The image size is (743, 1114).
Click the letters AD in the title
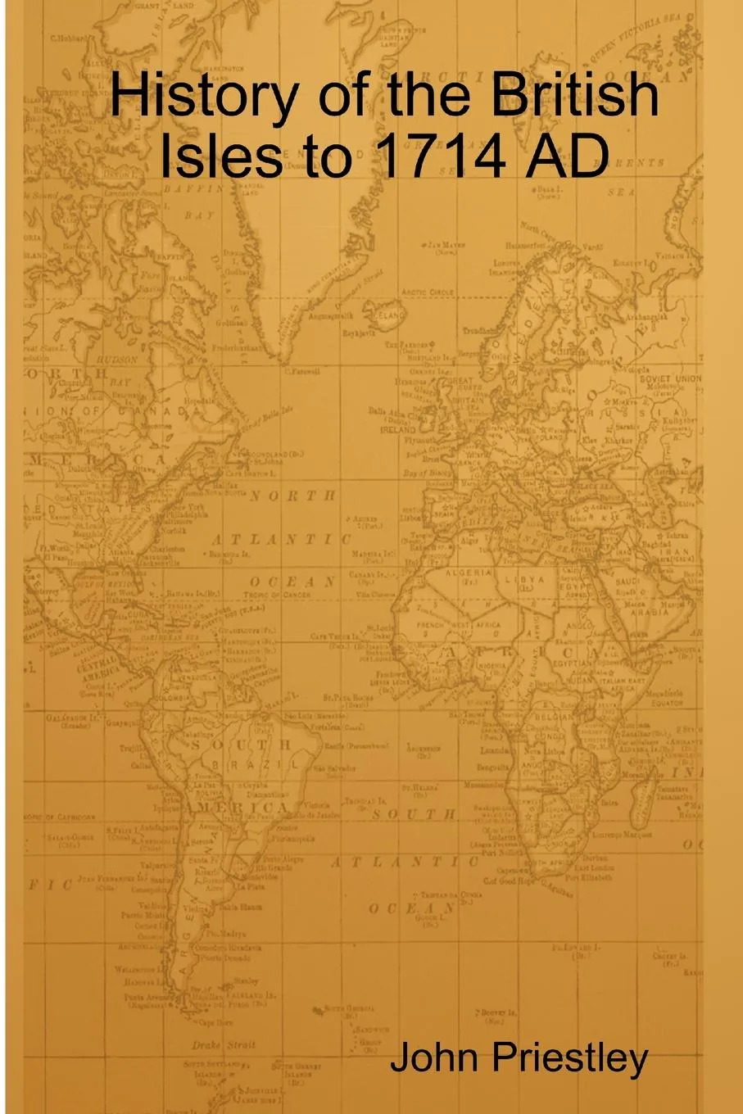click(569, 155)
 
